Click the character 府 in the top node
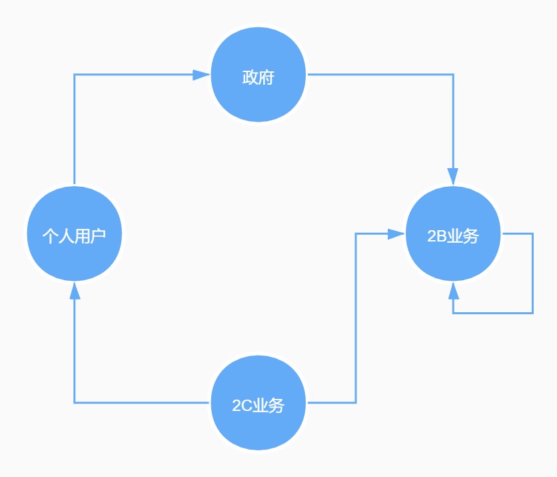click(267, 77)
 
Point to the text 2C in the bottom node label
click(240, 406)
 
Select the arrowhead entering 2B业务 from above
click(453, 176)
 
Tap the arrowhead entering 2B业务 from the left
click(396, 233)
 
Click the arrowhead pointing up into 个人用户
click(75, 291)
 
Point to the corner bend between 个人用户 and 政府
click(75, 75)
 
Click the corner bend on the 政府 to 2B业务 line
click(453, 75)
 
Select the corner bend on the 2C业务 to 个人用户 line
click(75, 402)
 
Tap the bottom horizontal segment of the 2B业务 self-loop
click(493, 312)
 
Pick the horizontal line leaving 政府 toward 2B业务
click(380, 75)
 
